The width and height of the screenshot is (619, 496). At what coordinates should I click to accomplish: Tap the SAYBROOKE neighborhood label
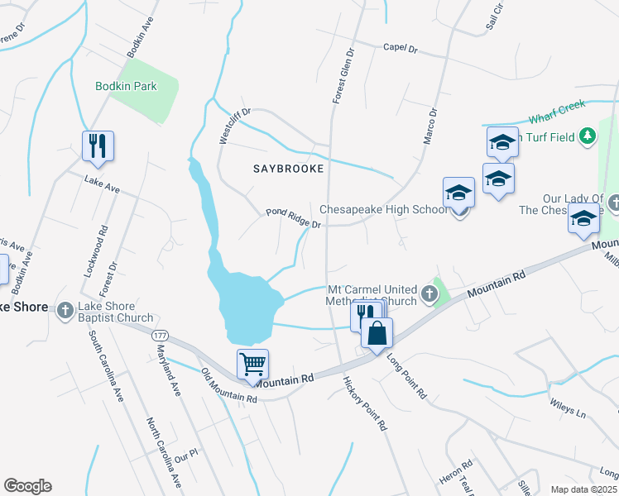287,168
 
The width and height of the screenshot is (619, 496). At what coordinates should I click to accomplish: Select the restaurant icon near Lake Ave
98,146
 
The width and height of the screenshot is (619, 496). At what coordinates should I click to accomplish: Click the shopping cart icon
252,363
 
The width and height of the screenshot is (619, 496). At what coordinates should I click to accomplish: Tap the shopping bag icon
377,333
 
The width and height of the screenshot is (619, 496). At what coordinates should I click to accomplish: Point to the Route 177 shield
160,335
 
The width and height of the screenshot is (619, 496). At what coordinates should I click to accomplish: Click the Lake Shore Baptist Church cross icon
65,310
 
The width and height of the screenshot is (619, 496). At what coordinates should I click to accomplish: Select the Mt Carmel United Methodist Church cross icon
429,293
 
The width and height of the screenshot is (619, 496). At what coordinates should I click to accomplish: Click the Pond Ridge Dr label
292,217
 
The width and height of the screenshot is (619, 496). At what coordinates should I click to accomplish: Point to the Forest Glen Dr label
343,75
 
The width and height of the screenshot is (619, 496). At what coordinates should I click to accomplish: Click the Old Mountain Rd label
228,386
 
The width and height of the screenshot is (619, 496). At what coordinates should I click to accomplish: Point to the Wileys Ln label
568,408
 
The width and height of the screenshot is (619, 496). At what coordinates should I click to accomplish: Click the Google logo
27,486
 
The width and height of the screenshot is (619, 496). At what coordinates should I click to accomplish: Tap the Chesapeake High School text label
383,210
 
